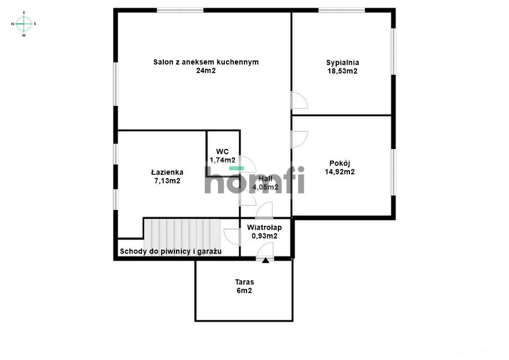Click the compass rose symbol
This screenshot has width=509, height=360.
point(24,23)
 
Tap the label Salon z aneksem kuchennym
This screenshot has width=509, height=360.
point(206,62)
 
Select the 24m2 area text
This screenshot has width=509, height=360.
point(206,71)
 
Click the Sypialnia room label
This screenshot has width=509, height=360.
point(342,63)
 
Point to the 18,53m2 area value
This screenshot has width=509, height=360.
point(342,71)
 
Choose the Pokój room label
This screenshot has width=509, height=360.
point(339,163)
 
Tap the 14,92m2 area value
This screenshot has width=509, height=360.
point(339,172)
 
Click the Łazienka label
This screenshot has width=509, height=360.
point(167,172)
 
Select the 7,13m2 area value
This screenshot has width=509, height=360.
point(167,181)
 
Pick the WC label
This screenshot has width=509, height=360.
point(222,152)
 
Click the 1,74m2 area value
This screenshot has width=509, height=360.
point(223,160)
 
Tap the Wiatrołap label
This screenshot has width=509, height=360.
point(264,227)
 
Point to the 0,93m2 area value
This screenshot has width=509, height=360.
point(264,236)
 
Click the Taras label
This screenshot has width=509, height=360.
point(244,282)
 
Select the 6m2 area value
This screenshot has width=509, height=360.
point(244,291)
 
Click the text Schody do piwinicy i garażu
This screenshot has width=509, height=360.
point(170,251)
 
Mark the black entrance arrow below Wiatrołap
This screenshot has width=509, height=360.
point(265,260)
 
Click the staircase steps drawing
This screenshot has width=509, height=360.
point(182,232)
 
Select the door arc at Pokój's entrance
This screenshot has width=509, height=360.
point(299,139)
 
